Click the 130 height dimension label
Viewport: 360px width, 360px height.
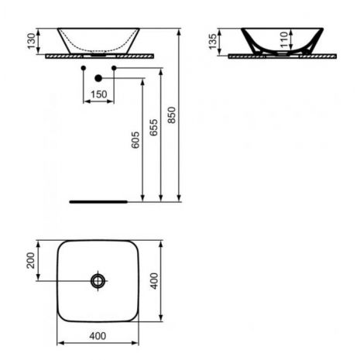click(x=31, y=41)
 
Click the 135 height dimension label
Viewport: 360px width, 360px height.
click(x=213, y=42)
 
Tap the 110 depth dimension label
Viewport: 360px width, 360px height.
click(x=284, y=39)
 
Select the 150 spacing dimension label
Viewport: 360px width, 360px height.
click(x=99, y=94)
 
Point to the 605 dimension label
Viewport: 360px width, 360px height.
click(x=135, y=140)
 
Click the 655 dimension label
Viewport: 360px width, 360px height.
click(x=153, y=128)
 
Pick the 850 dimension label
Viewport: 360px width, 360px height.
click(x=172, y=115)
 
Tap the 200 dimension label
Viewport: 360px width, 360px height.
click(x=31, y=260)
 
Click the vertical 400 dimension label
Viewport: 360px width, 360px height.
click(x=154, y=281)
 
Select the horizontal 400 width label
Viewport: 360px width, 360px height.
click(x=98, y=336)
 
